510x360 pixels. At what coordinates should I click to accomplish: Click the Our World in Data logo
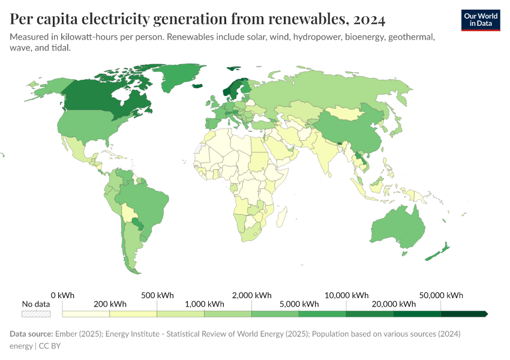pos(480,19)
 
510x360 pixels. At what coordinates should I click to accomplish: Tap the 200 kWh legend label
pos(110,304)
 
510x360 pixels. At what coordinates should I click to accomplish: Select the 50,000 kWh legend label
pos(442,295)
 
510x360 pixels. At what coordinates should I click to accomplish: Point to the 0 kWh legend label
pos(62,295)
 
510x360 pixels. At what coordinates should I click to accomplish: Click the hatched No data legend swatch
pos(35,314)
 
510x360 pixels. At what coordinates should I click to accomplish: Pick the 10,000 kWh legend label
pos(347,295)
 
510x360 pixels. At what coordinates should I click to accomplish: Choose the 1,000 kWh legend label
pos(204,304)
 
